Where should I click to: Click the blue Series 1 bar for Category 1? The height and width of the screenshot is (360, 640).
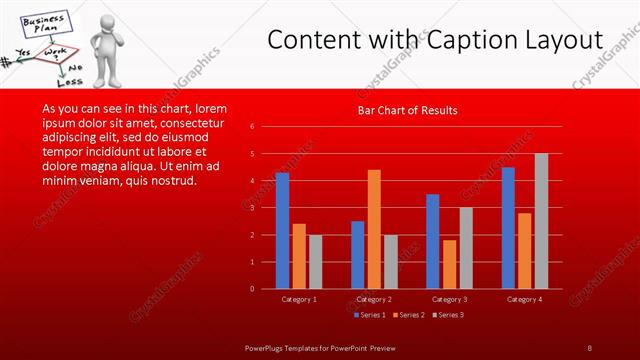click(282, 231)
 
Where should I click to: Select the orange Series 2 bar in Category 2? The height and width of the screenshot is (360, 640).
click(374, 229)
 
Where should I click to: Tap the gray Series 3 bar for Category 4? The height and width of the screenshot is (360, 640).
click(541, 221)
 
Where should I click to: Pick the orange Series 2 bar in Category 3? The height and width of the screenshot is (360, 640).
click(449, 264)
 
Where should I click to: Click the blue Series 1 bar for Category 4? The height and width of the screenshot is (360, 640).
click(508, 228)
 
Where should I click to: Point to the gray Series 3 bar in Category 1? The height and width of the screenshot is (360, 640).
click(315, 262)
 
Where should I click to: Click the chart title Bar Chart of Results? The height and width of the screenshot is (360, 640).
click(408, 111)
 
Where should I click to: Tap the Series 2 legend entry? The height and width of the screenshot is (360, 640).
click(412, 315)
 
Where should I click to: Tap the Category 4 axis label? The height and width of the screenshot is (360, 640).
click(524, 299)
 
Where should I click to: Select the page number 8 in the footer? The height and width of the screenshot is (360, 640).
click(589, 347)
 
